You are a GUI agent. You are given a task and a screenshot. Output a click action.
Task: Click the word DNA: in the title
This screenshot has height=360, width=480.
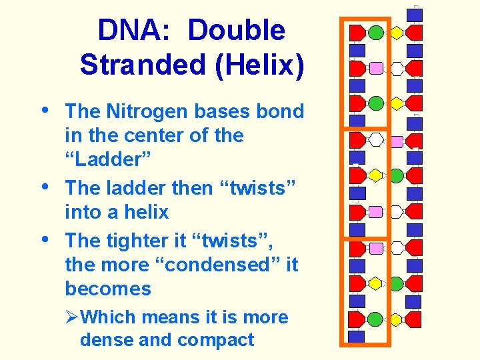pyautogui.click(x=137, y=30)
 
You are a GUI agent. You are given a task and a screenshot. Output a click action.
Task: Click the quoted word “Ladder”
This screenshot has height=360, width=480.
pyautogui.click(x=107, y=159)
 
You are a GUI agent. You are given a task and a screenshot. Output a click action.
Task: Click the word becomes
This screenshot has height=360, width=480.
pyautogui.click(x=108, y=289)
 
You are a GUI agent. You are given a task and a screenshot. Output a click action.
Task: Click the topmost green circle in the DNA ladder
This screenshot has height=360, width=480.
pyautogui.click(x=376, y=32)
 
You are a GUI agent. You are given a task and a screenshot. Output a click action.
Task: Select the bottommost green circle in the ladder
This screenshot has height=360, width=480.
pyautogui.click(x=376, y=319)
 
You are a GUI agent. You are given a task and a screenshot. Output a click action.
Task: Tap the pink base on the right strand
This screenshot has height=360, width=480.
pyautogui.click(x=396, y=141)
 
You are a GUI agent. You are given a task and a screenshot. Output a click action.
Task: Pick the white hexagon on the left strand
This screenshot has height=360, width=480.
pyautogui.click(x=376, y=140)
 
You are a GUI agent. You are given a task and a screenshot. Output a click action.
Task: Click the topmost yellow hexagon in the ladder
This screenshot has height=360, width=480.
pyautogui.click(x=397, y=32)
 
